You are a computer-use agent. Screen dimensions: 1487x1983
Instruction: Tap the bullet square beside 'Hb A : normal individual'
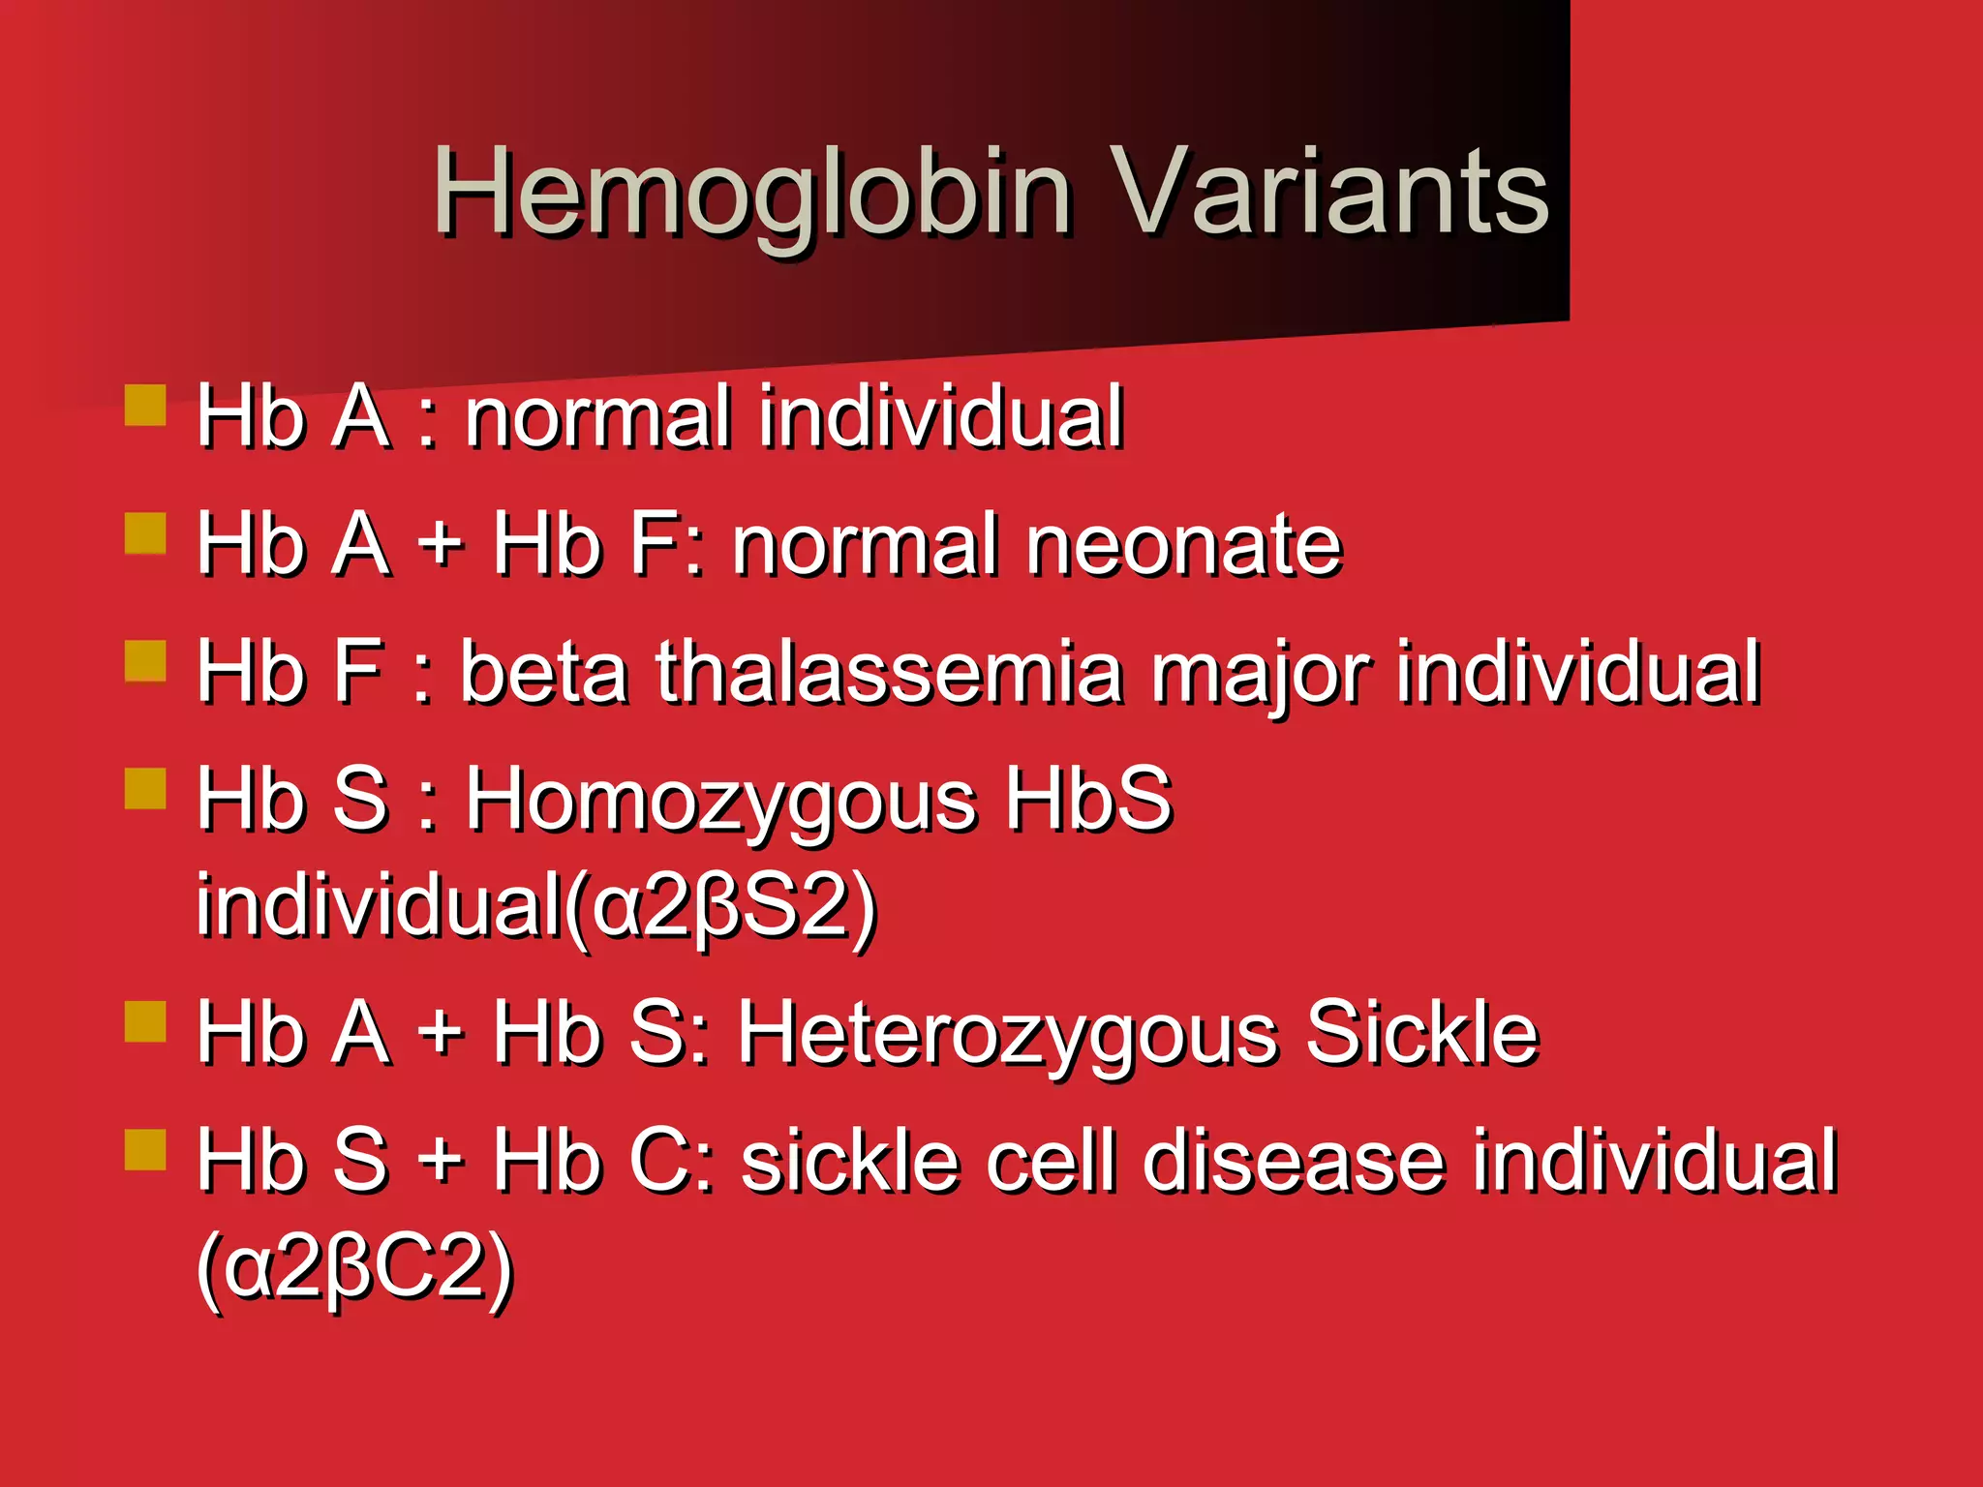click(145, 406)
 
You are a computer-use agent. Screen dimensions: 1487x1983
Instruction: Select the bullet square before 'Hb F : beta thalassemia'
click(145, 661)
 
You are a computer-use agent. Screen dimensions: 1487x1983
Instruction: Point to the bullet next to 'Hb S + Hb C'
click(145, 1149)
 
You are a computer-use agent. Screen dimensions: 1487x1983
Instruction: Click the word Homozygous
click(721, 802)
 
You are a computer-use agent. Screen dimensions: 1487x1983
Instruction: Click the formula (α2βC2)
click(354, 1268)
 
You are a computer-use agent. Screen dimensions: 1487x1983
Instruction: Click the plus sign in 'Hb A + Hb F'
click(441, 545)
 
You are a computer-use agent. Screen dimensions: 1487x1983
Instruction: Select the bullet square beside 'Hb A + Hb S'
click(145, 1021)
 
